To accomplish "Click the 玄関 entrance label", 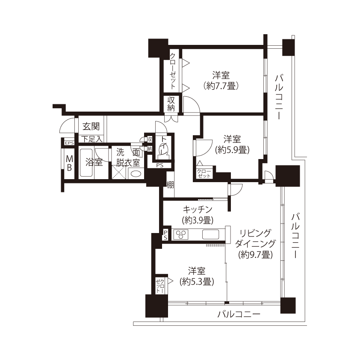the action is point(91,127).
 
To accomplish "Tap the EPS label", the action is point(69,143).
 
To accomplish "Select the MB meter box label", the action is point(69,163).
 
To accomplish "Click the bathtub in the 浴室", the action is point(86,162).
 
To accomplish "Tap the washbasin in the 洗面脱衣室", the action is point(136,174).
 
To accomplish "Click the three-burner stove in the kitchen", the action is point(181,234).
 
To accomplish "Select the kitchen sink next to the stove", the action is point(210,234).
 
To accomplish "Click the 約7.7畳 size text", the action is point(221,86).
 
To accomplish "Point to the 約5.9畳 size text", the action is point(232,150).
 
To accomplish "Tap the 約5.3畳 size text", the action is point(197,281).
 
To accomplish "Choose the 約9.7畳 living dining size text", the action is point(255,255).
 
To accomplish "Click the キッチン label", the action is point(198,210).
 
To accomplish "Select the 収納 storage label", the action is point(171,104).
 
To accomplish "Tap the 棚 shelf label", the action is point(170,185).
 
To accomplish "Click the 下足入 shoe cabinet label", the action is point(92,139).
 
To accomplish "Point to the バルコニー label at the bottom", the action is point(239,314).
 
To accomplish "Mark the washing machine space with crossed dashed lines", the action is point(119,172).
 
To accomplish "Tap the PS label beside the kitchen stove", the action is point(165,235).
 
